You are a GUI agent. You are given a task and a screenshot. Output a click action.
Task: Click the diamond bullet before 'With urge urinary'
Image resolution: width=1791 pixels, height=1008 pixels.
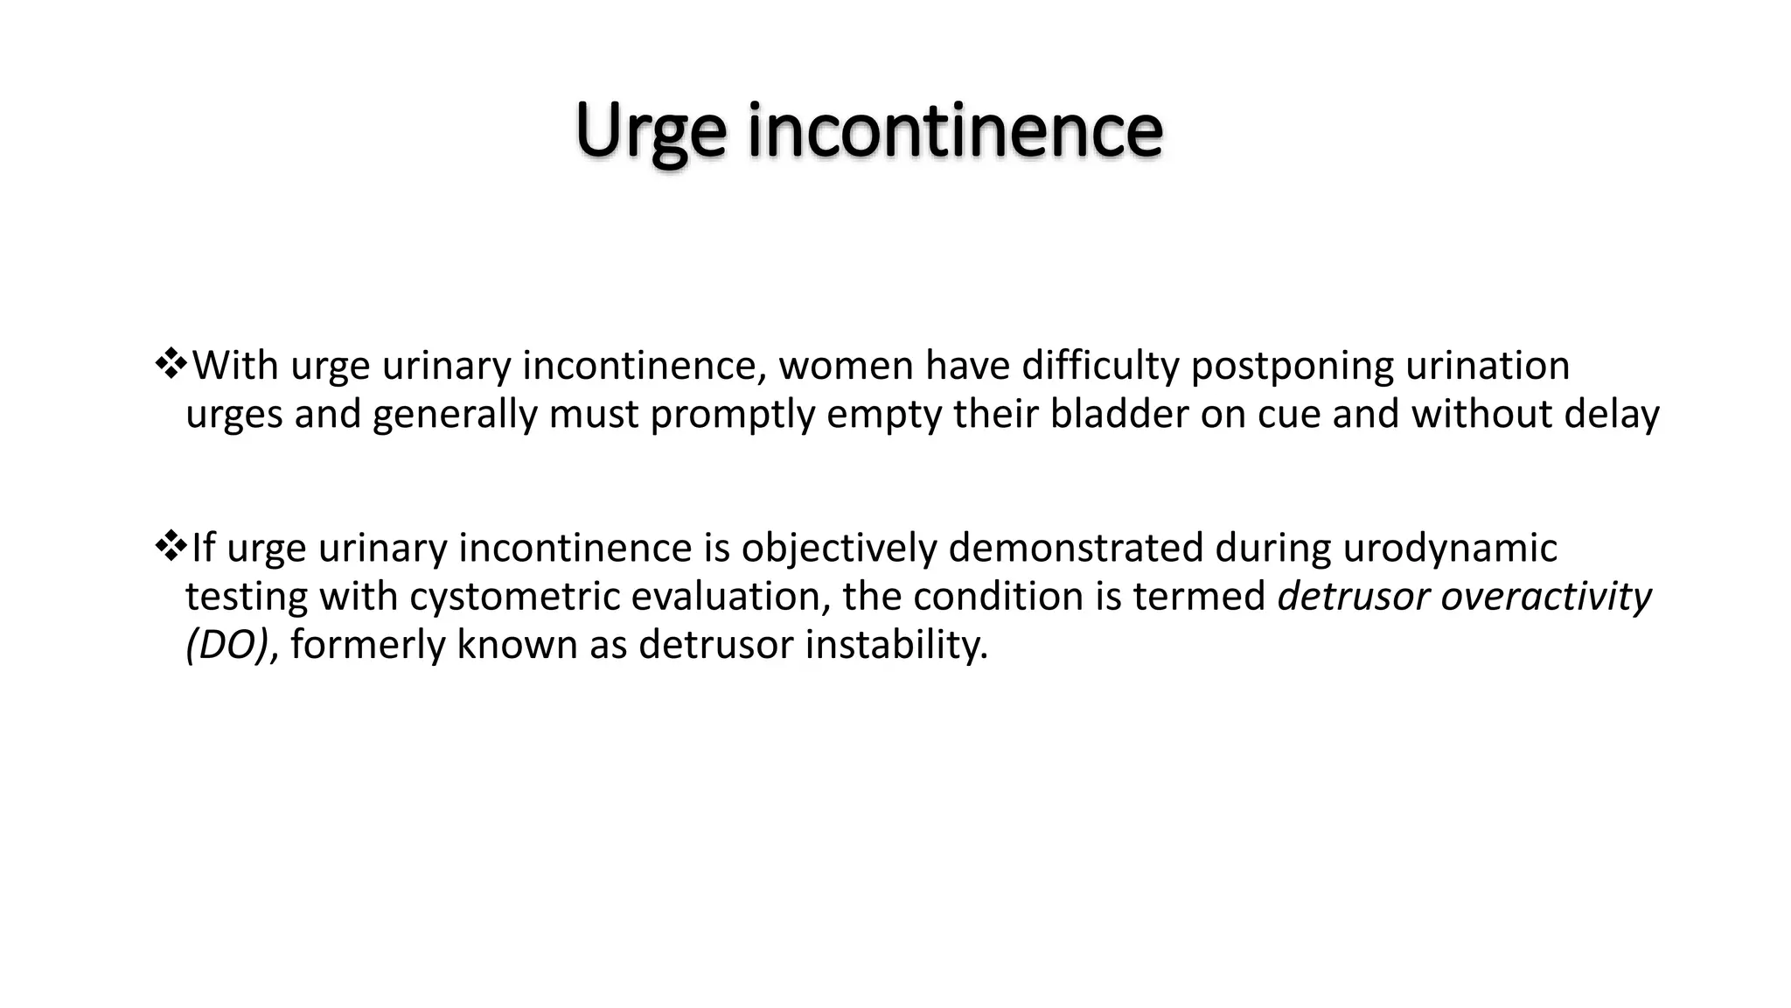(x=170, y=363)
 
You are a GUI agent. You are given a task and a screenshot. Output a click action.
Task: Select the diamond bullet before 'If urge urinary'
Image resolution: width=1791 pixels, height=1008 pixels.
(x=170, y=546)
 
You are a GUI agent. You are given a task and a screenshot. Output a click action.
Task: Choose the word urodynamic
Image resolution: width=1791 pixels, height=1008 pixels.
(x=1449, y=549)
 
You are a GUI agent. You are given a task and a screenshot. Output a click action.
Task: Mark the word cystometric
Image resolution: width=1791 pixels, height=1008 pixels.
(x=514, y=598)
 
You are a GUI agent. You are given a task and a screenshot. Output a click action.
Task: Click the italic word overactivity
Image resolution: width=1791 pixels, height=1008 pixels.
(x=1546, y=598)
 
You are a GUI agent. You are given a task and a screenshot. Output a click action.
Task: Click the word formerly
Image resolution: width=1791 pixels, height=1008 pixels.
(x=367, y=646)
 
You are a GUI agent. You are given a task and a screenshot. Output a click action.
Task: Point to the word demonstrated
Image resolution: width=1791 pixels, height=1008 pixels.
(x=1076, y=548)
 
